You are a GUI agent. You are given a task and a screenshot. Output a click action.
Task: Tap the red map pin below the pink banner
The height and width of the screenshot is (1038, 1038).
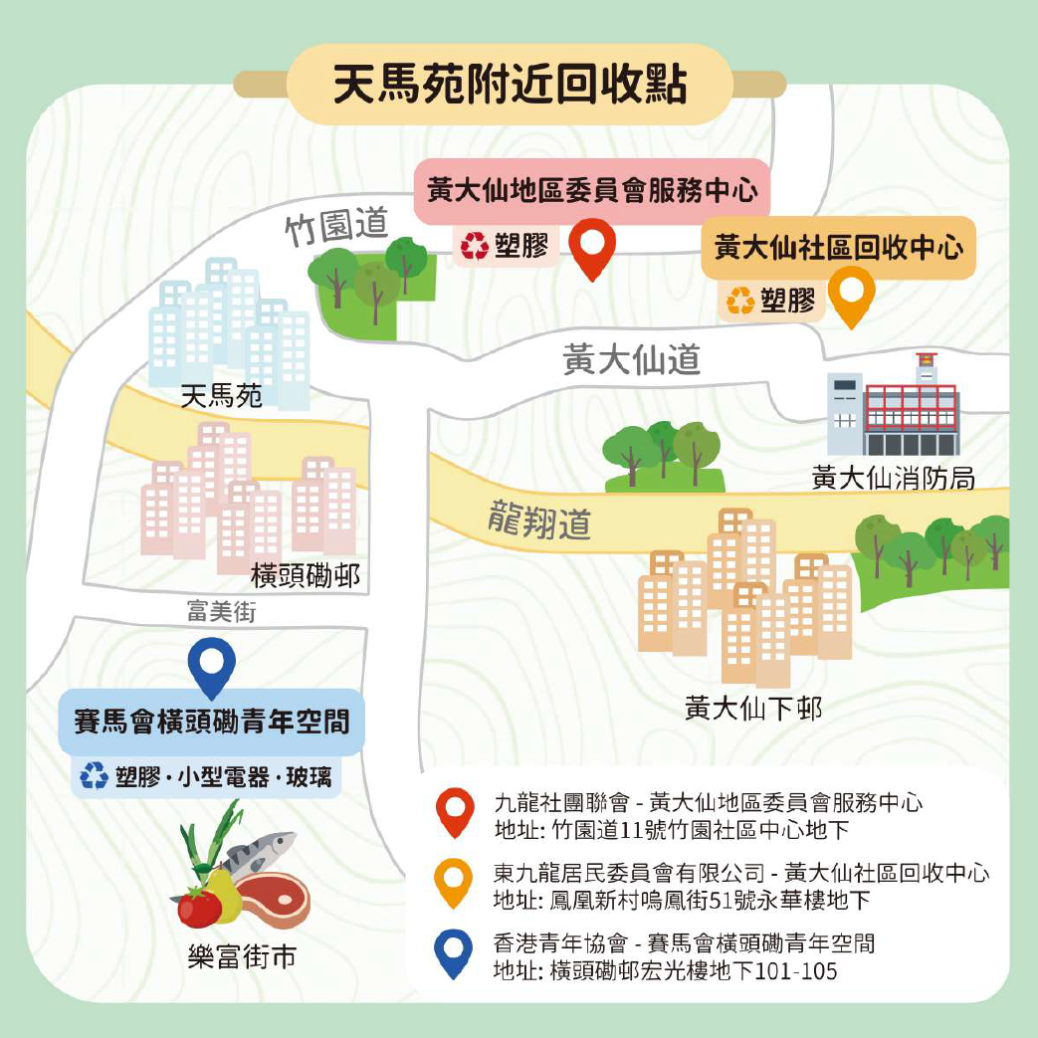[x=593, y=246]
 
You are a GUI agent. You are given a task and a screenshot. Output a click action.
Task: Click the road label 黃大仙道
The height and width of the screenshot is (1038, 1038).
[x=631, y=359]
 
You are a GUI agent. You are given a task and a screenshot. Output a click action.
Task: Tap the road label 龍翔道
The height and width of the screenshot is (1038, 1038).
[x=539, y=520]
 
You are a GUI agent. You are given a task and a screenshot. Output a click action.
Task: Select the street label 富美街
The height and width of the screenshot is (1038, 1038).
[x=221, y=611]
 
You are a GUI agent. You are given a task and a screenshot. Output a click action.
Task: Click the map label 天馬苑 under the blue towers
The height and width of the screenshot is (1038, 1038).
[x=222, y=397]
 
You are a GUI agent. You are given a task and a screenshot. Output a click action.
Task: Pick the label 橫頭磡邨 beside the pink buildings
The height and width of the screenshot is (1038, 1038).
[x=306, y=575]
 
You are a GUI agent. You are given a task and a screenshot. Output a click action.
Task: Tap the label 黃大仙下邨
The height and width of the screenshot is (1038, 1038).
[x=753, y=709]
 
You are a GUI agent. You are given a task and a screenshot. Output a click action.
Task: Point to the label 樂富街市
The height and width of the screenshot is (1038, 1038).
[x=242, y=957]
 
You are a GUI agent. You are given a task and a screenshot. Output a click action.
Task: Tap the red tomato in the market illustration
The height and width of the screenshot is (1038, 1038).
[x=199, y=907]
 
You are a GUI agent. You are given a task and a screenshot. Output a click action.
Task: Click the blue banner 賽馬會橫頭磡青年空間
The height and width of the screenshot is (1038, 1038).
[x=212, y=721]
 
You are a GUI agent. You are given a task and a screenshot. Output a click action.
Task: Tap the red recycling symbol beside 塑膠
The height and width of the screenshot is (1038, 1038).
[x=475, y=246]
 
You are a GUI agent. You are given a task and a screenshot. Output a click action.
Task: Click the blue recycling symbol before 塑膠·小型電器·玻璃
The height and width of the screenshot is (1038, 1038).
[x=95, y=776]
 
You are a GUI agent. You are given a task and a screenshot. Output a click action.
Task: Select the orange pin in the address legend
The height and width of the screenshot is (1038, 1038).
[x=455, y=882]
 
